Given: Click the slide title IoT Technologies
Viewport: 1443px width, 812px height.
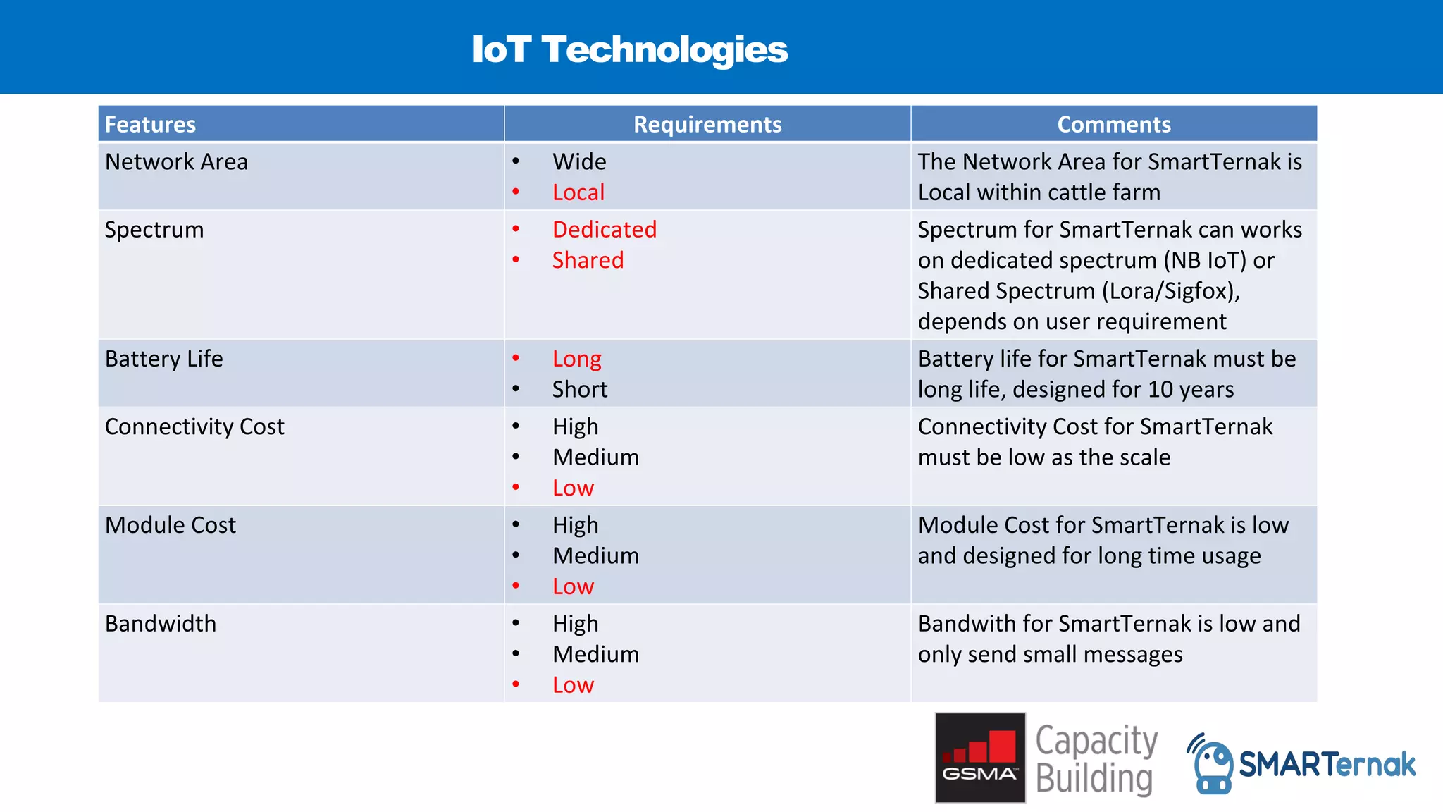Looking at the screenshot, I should coord(629,49).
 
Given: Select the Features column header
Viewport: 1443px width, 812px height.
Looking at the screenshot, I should coord(150,125).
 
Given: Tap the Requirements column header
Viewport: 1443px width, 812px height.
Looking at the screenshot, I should coord(707,125).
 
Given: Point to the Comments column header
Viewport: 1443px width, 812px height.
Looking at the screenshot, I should coord(1113,125).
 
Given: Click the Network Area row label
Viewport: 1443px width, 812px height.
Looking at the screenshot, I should coord(176,162).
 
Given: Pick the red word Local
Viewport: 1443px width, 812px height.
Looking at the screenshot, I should coord(578,192).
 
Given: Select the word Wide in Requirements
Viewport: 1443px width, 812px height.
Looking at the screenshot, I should coord(579,162).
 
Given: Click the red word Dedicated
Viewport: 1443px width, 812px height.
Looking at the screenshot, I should coord(605,230).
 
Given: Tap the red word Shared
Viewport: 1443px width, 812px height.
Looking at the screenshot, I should coord(588,261).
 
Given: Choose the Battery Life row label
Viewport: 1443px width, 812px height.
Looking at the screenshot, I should coord(163,359).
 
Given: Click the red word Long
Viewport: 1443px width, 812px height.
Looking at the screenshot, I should coord(576,359).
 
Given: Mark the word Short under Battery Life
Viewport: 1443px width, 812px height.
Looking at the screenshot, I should coord(579,390).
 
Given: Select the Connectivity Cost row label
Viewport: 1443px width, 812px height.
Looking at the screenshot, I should coord(194,427).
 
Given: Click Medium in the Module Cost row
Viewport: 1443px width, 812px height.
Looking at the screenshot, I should coord(595,556).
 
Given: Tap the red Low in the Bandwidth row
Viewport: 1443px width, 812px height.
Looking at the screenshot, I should coord(573,685).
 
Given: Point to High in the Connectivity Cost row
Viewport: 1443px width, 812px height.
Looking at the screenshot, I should coord(575,427).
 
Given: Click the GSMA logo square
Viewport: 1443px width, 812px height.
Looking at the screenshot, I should coord(979,758).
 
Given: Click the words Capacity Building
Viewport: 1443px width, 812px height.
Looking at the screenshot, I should coord(1096,760).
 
